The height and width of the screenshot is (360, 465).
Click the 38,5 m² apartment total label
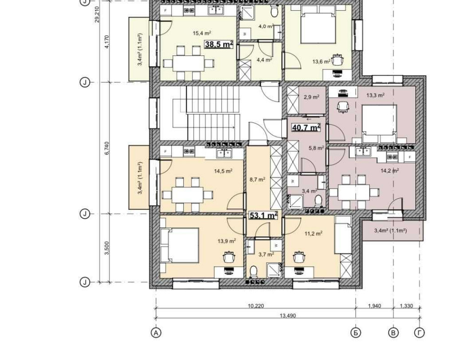[x=219, y=44]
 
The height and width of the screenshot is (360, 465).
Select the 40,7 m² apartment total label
[x=306, y=127]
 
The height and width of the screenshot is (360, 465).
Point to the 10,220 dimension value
[x=256, y=306]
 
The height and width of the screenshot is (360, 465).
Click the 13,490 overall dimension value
[x=288, y=315]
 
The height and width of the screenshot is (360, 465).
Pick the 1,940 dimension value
[x=374, y=306]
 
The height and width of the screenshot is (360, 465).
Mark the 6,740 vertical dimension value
[x=107, y=148]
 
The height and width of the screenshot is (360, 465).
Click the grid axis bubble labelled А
[x=156, y=333]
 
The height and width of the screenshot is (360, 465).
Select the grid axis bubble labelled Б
[x=356, y=333]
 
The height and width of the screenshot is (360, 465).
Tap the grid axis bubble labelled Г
[x=419, y=333]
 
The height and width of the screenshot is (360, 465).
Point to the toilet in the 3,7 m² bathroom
[x=253, y=271]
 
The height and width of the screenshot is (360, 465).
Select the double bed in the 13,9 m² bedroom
[x=179, y=245]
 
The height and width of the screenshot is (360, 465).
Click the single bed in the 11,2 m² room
[x=343, y=234]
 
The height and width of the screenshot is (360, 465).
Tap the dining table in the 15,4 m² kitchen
[x=188, y=63]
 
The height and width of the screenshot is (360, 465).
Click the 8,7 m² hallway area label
[x=257, y=180]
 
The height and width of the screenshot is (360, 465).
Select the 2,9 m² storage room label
[x=312, y=97]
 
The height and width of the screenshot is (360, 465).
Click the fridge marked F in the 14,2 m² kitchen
[x=410, y=157]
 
